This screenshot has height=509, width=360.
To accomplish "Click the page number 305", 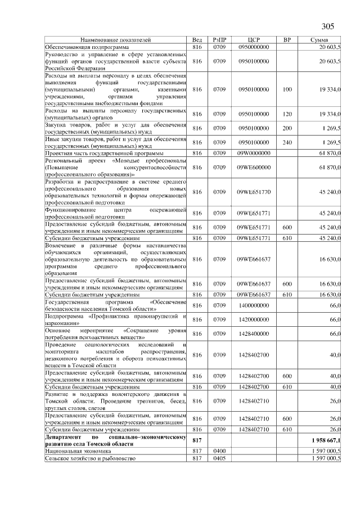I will click(x=327, y=26).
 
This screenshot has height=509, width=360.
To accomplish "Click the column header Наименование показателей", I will click(x=116, y=40).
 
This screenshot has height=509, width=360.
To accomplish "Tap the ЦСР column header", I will click(x=253, y=40).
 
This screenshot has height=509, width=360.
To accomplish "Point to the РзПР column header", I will click(x=219, y=40).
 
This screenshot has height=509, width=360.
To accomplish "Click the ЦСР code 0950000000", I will click(x=254, y=47).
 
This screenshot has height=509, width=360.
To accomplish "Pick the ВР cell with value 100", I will click(x=287, y=89).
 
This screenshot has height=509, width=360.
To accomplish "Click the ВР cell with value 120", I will click(x=287, y=114).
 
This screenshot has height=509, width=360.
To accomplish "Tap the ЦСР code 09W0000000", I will click(x=254, y=153).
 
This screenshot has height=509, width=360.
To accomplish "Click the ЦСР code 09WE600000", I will click(x=254, y=167).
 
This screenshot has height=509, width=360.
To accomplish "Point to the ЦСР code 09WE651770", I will click(x=254, y=192).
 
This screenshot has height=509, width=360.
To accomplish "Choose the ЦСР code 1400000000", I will click(x=254, y=305).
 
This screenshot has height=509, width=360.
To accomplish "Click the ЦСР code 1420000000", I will click(x=254, y=319).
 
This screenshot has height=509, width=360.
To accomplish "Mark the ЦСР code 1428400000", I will click(x=254, y=334).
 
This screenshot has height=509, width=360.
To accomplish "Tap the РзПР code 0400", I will click(x=219, y=451).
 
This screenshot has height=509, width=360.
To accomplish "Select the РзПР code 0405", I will click(x=219, y=458).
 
